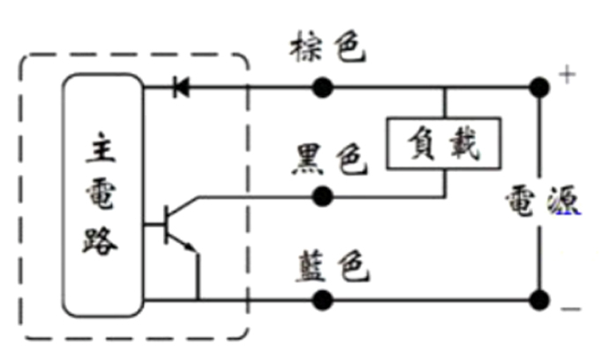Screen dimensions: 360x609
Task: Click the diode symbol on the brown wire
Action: [181, 87]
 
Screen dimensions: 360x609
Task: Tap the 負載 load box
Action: [444, 142]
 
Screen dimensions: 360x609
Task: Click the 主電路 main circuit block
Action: [102, 195]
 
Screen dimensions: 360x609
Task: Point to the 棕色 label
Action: [327, 49]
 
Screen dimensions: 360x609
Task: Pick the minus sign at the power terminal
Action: [570, 310]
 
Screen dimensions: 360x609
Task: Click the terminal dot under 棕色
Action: [322, 87]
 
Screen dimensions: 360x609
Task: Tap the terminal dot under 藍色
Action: [322, 300]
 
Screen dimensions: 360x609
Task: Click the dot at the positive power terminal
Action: [537, 87]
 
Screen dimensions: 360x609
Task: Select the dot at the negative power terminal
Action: [537, 300]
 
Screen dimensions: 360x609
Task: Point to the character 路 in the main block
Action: [102, 239]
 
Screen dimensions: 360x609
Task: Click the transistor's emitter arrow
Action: [190, 247]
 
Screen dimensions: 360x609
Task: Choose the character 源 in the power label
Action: [560, 204]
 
